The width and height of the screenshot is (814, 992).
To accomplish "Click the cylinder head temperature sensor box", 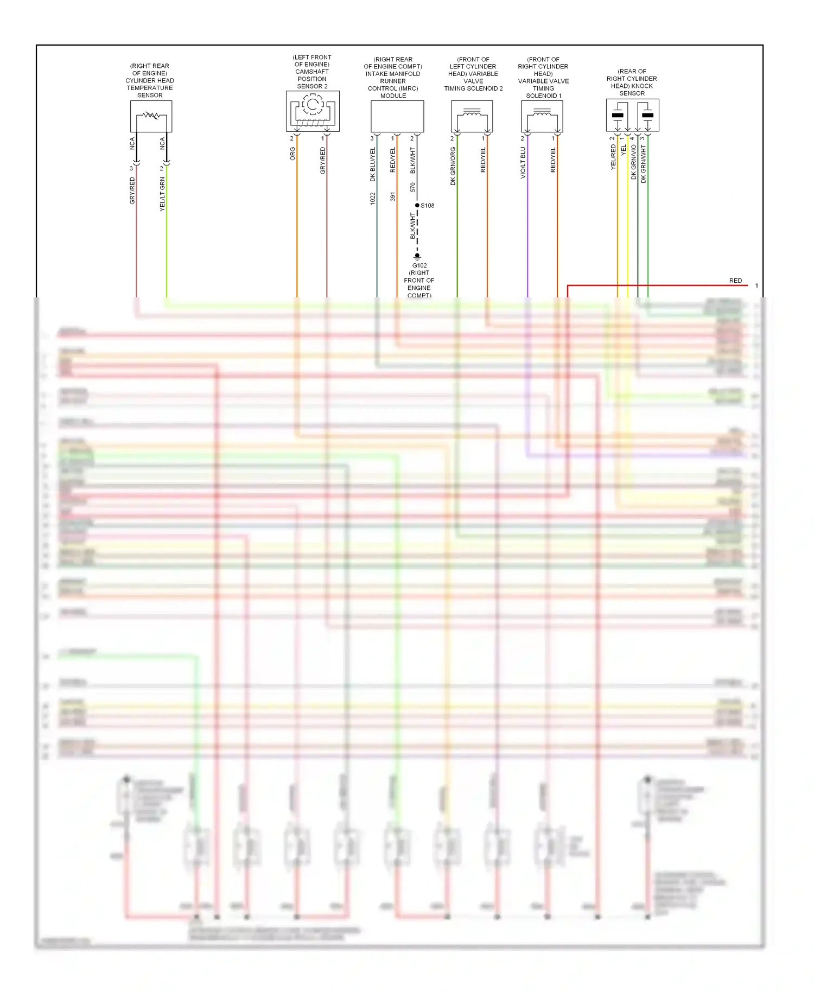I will click(x=151, y=116).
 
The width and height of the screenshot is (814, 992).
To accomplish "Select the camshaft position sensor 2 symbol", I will click(x=313, y=111).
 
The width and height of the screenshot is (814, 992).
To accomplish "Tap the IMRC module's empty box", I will click(x=397, y=116).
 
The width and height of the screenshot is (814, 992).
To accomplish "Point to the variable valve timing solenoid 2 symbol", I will click(x=472, y=116).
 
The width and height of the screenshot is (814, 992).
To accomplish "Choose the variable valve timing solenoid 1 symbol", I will click(x=542, y=116).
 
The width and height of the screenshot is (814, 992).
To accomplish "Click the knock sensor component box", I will click(x=632, y=115).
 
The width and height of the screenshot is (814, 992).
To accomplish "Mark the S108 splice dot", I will click(x=417, y=205).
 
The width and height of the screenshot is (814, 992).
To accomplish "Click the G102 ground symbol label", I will click(x=419, y=266).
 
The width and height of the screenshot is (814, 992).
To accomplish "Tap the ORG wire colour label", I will click(x=292, y=154).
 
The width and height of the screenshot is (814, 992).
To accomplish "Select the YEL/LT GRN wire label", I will click(x=162, y=194).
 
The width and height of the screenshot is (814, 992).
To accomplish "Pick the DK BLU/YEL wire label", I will click(x=373, y=164).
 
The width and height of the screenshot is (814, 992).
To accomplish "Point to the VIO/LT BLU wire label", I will click(x=523, y=163).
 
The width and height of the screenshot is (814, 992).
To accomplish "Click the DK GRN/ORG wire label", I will click(x=453, y=166).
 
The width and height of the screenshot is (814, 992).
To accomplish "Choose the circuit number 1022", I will click(x=373, y=199).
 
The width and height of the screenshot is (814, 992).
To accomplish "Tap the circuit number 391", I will click(x=393, y=196).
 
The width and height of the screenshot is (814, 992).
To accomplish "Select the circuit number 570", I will click(x=413, y=187).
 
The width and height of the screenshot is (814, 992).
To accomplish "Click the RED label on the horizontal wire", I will click(x=735, y=281).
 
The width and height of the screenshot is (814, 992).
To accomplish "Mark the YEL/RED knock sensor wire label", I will click(x=613, y=157).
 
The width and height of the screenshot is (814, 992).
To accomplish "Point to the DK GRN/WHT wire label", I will click(x=644, y=163).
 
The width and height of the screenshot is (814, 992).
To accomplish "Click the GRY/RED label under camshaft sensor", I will click(x=323, y=161).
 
